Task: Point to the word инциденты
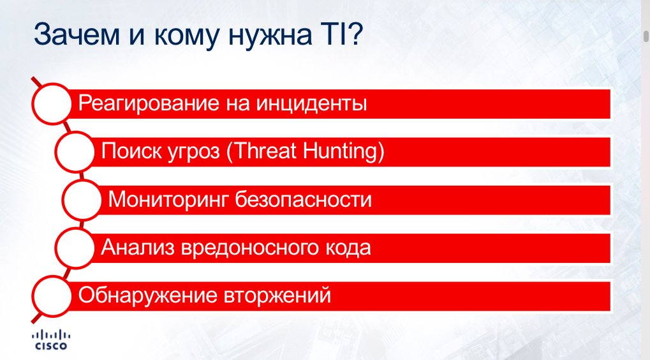(311, 104)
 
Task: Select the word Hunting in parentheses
(341, 151)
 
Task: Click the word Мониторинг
(168, 200)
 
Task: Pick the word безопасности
(304, 200)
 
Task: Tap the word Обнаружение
(147, 296)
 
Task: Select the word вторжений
(277, 296)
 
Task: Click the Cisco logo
(51, 340)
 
